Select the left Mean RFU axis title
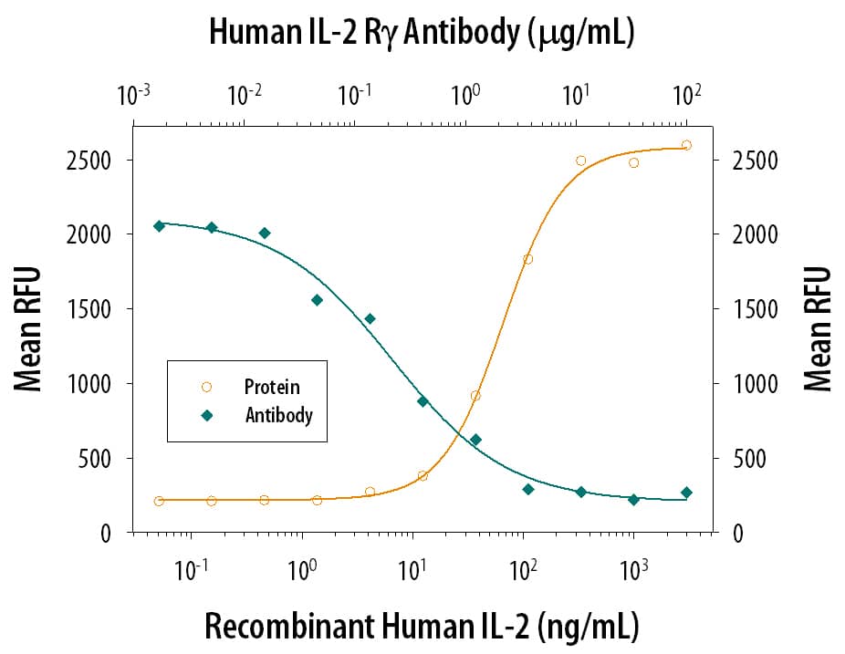(x=28, y=329)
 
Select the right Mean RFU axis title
(x=819, y=329)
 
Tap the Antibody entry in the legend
(x=278, y=415)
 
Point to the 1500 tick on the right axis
(x=756, y=309)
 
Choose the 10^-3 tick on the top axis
(x=134, y=95)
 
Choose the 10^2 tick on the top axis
(x=686, y=95)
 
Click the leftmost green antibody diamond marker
(x=159, y=225)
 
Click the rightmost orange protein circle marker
(x=686, y=145)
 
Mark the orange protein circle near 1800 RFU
(x=527, y=259)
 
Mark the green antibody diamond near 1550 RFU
(x=317, y=300)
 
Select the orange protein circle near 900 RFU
(x=475, y=396)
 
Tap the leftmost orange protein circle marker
(x=159, y=501)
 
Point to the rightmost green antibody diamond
(x=686, y=493)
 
